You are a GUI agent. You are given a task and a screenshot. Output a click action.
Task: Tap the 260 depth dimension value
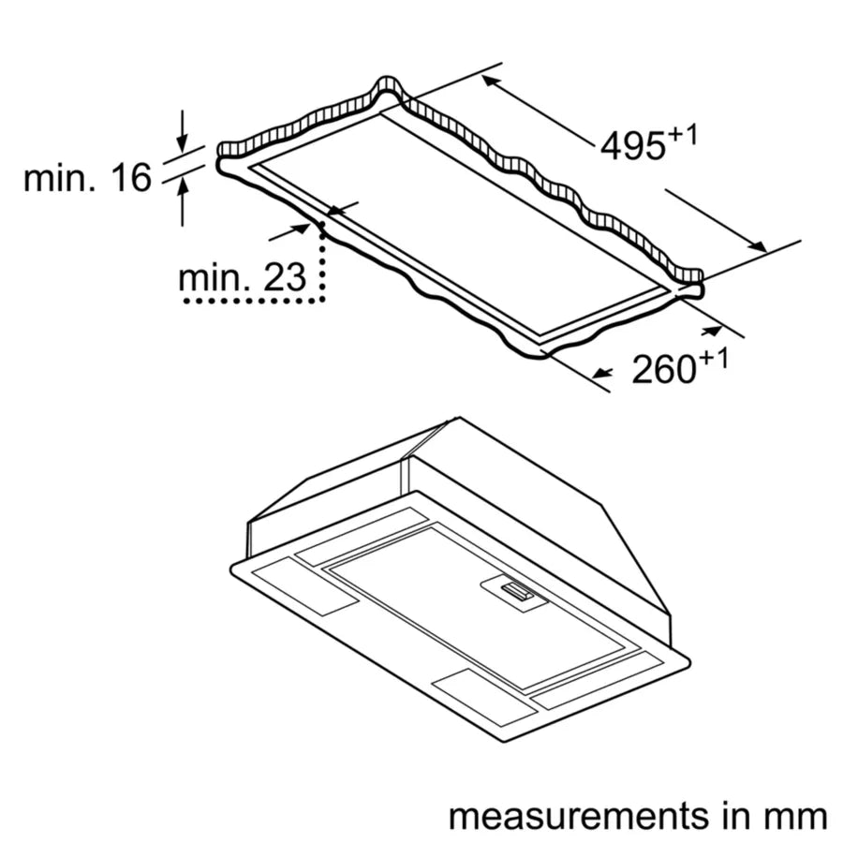(x=663, y=368)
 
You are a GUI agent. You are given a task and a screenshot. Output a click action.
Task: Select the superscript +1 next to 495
(x=683, y=136)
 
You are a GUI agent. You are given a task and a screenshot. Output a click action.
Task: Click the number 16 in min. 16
(x=130, y=177)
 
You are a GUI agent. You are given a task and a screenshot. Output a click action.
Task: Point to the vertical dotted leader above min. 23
(x=323, y=262)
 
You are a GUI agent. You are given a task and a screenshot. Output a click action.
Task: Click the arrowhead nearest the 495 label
(x=491, y=81)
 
